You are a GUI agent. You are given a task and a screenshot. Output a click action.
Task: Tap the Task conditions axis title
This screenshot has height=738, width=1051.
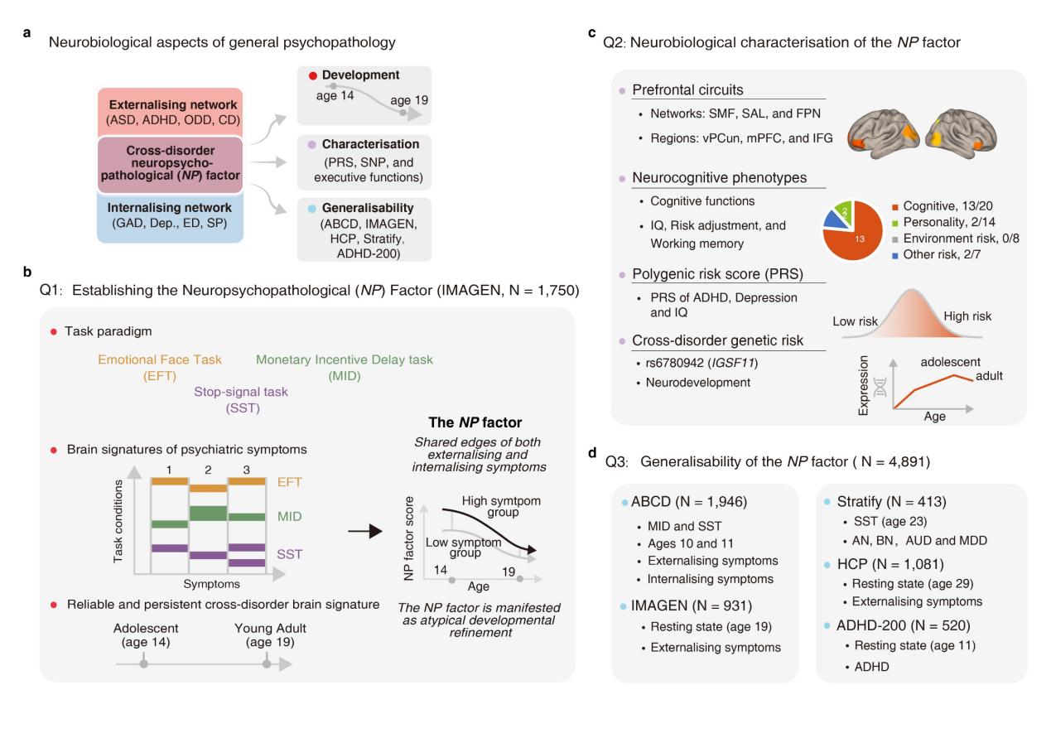coord(121,523)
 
